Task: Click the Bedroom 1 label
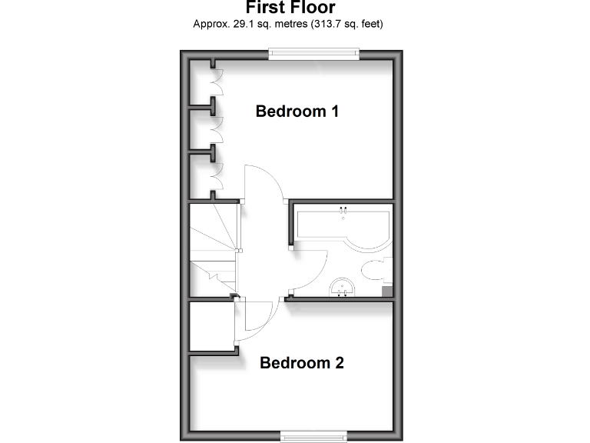pyautogui.click(x=297, y=112)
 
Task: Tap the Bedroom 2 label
pyautogui.click(x=301, y=363)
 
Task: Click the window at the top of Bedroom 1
pyautogui.click(x=313, y=53)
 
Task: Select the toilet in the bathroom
pyautogui.click(x=375, y=270)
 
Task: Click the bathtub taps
pyautogui.click(x=343, y=210)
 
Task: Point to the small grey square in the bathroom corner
pyautogui.click(x=386, y=290)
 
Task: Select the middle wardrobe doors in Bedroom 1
pyautogui.click(x=216, y=128)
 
